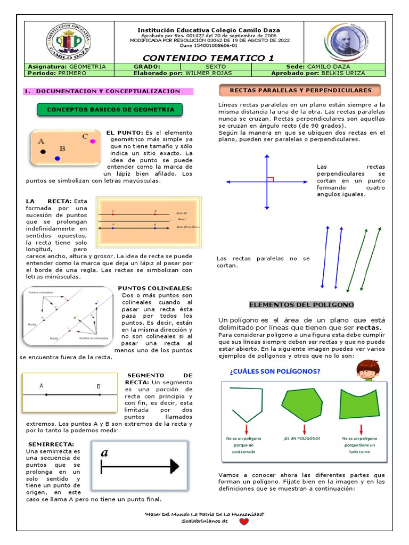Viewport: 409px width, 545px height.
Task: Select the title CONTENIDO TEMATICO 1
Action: coord(209,57)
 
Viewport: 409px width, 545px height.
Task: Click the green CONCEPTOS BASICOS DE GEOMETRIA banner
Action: coord(110,110)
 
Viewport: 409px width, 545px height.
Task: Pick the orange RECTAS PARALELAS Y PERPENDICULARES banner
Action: coord(300,90)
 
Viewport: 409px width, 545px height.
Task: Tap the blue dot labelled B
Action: coord(58,158)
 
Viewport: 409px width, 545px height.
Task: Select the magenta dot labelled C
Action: coord(93,141)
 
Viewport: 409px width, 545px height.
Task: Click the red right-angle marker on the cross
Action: coord(270,179)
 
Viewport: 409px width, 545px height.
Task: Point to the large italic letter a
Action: coord(104,452)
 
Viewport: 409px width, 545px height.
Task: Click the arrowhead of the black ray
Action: coord(174,467)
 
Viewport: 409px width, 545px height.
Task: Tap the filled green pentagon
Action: coord(301,406)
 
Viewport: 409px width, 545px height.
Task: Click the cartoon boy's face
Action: coord(366,369)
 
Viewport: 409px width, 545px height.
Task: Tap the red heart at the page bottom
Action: coord(243,522)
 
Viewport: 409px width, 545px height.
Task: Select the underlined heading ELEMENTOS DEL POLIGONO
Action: coord(301,305)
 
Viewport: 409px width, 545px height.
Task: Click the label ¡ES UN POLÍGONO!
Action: coord(302,439)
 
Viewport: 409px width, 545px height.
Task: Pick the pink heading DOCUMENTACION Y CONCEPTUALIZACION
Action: coord(108,92)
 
